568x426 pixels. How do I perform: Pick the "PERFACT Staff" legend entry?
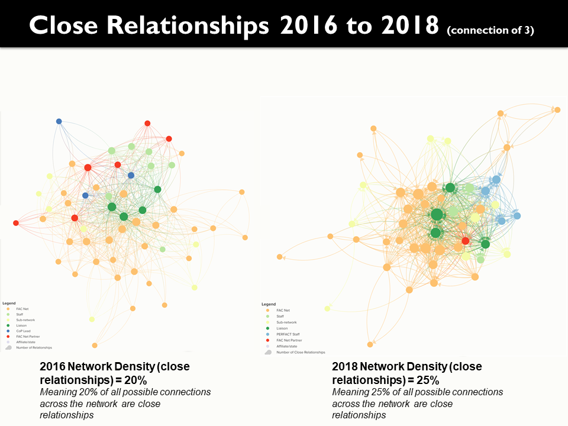[288, 334]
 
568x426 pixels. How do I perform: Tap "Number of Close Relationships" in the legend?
[301, 352]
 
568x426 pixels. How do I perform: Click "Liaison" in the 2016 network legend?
[22, 325]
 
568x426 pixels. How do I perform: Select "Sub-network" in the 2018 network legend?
[286, 322]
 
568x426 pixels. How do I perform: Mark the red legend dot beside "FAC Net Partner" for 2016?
[8, 336]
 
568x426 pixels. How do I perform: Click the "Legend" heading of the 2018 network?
[269, 304]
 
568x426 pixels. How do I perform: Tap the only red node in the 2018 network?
[466, 241]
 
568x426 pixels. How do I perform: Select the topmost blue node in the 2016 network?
[59, 121]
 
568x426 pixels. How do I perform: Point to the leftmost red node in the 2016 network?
[16, 223]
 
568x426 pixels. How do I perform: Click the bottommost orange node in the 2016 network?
[95, 345]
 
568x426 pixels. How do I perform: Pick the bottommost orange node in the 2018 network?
[370, 344]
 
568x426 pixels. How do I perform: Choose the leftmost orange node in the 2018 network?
[279, 257]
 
